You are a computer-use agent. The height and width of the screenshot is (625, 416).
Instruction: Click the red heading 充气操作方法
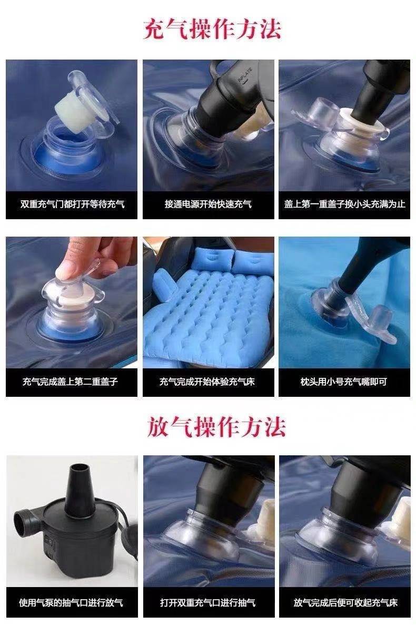(x=212, y=29)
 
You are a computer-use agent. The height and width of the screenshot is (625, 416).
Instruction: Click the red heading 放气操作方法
(x=216, y=426)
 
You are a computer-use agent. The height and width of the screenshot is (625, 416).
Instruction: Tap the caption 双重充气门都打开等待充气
(x=72, y=204)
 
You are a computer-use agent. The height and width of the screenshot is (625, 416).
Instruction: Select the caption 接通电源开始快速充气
(x=208, y=204)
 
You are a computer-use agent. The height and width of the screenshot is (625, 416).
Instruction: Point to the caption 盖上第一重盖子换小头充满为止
(x=344, y=204)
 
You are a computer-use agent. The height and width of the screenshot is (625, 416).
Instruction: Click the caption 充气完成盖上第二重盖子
(x=70, y=382)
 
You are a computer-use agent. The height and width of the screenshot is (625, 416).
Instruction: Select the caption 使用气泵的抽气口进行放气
(x=71, y=603)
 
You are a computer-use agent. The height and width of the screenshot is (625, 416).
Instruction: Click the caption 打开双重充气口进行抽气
(x=207, y=603)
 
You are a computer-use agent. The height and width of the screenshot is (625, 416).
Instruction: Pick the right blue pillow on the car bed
(x=253, y=261)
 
